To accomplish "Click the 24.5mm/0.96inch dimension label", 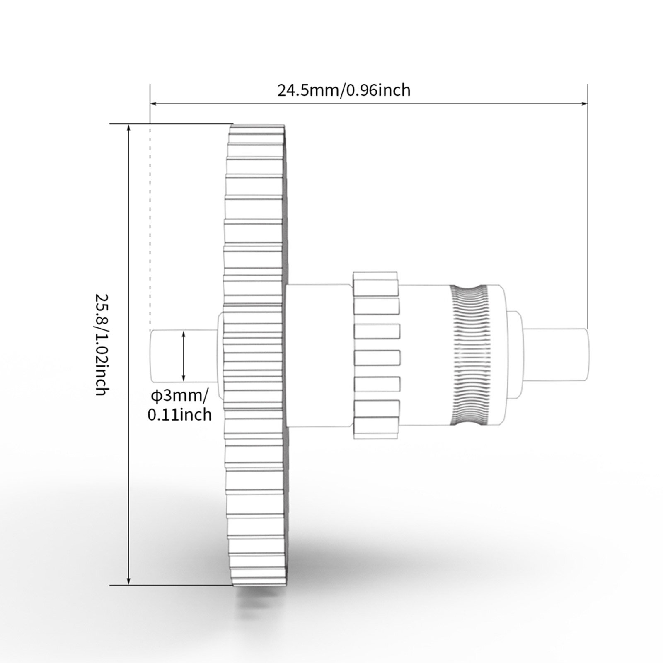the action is point(344,90).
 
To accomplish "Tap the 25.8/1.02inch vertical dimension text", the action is point(102,344).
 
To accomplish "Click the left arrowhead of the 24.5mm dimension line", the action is point(154,103).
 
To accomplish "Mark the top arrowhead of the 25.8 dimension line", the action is point(129,128).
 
